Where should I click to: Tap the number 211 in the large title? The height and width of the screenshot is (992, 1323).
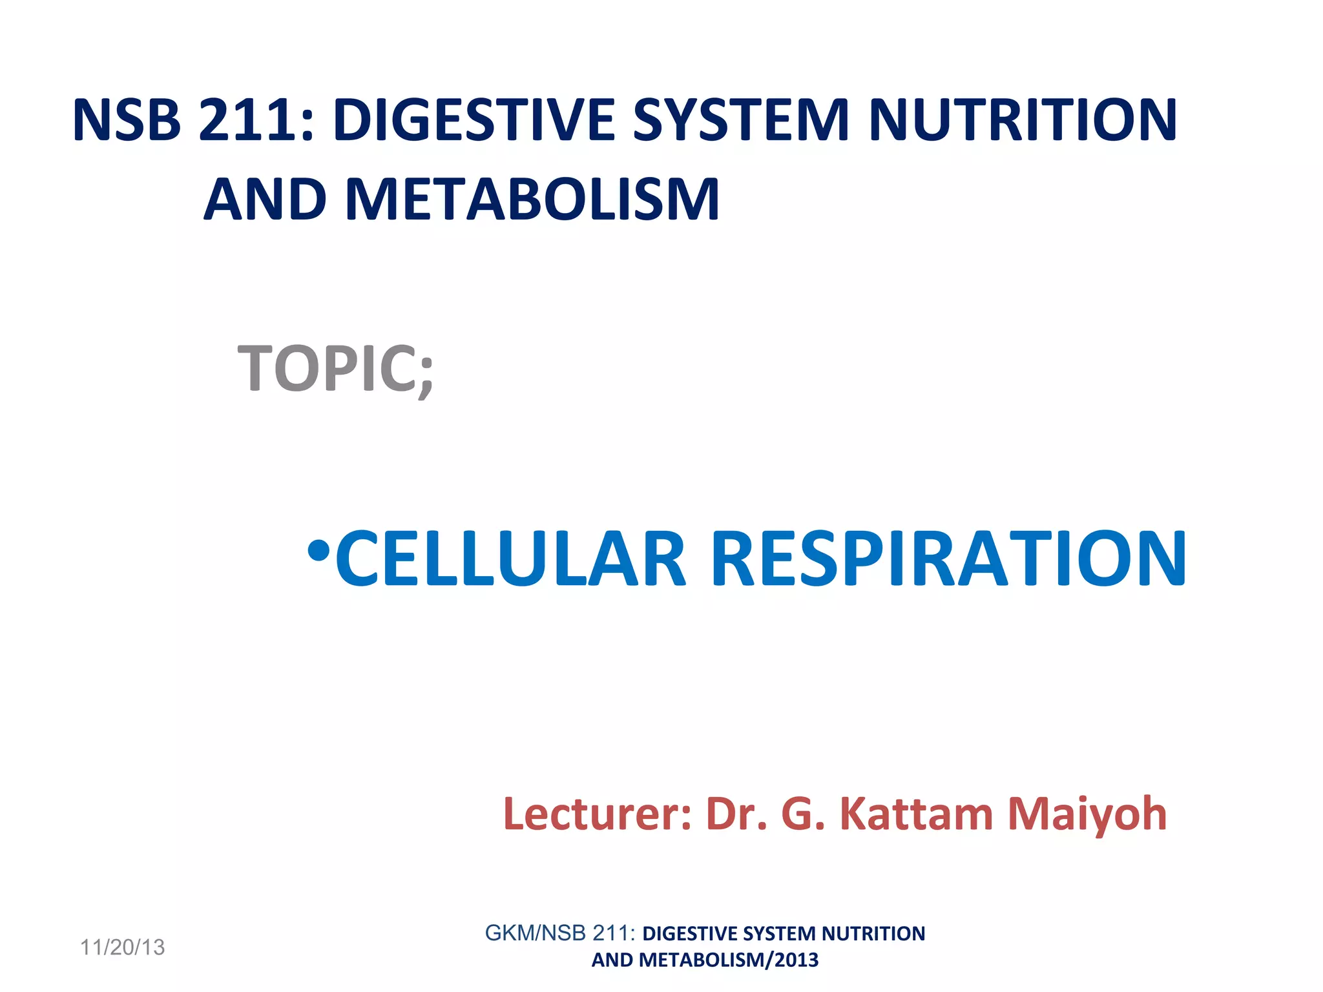(256, 120)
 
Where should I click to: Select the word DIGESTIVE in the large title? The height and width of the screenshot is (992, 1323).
(474, 120)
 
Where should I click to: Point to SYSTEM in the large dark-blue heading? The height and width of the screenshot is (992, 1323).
(740, 120)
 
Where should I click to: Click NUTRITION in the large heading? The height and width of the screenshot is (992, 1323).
(1023, 120)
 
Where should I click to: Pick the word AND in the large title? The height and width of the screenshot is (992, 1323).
(266, 200)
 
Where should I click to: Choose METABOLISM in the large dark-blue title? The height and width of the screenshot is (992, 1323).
(532, 200)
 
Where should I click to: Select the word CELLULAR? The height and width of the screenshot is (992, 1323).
(510, 559)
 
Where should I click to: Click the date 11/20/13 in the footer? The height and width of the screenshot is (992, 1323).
(122, 947)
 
